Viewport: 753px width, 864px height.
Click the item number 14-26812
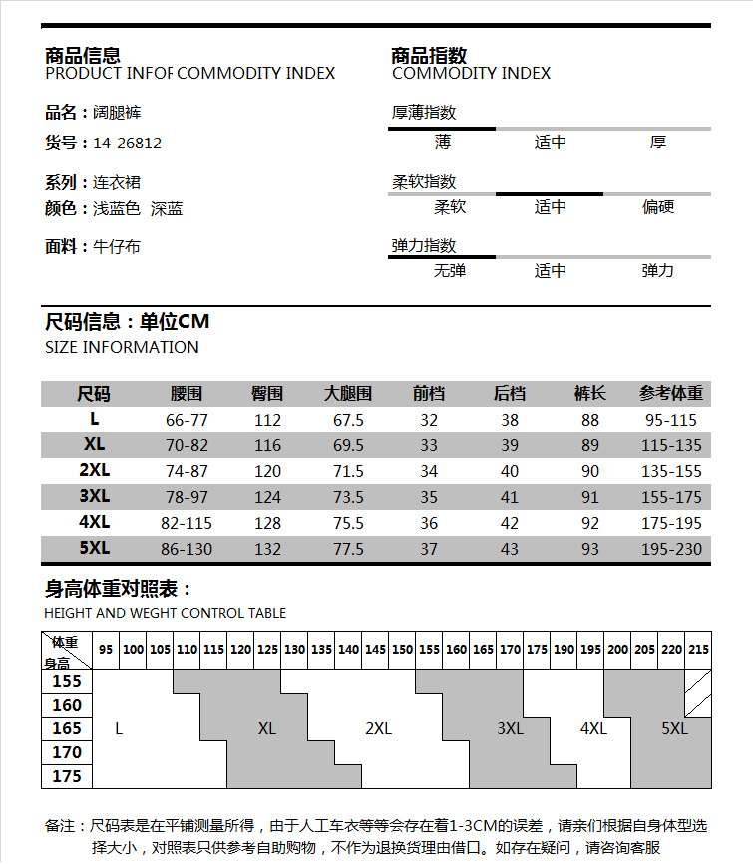(127, 143)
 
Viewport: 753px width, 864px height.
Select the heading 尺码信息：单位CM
(128, 322)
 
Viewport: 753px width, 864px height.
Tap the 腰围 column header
(187, 394)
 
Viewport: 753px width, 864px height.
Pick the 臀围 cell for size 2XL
(267, 471)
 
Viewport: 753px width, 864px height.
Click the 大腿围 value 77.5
(348, 549)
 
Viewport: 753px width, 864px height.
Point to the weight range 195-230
(671, 549)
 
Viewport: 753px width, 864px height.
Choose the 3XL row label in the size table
(95, 496)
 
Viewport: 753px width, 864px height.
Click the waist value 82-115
(187, 523)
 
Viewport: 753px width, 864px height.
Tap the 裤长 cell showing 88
(590, 420)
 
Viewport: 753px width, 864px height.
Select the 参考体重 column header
(671, 394)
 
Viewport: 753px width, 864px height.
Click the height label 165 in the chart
(67, 729)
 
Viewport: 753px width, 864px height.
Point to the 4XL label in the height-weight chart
(593, 728)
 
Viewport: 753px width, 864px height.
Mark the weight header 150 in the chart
(402, 650)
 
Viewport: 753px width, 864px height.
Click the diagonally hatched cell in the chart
(698, 693)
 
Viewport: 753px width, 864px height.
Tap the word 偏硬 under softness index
(658, 207)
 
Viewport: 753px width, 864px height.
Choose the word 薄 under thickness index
(443, 143)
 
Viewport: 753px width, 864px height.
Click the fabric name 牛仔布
(117, 246)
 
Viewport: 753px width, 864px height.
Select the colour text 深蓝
(167, 209)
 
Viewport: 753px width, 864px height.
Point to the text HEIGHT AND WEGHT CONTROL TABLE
(165, 613)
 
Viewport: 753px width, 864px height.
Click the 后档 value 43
(510, 549)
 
